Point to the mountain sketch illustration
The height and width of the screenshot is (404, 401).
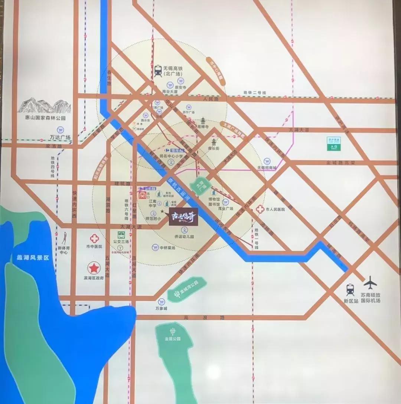(44, 105)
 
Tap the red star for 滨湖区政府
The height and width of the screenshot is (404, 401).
(94, 267)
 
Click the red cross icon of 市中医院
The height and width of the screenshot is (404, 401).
(94, 238)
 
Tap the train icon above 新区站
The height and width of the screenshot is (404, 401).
(350, 289)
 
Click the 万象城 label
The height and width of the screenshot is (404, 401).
(162, 309)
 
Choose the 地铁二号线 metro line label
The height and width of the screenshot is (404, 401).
(255, 92)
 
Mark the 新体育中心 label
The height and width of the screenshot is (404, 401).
(63, 250)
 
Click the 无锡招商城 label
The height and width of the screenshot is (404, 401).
(267, 168)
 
